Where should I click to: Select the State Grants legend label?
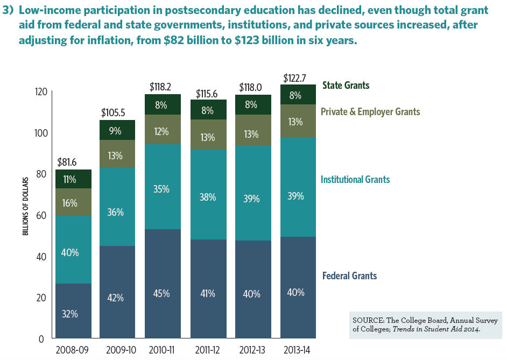346,85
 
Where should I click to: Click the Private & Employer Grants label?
370,112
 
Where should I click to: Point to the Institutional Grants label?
355,179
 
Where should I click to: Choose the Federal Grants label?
349,276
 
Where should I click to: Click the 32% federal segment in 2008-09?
69,314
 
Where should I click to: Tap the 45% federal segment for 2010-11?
161,293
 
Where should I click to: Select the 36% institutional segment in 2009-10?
115,212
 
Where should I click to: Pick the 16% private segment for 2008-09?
69,203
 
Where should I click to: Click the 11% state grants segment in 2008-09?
69,180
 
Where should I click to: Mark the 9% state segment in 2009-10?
115,130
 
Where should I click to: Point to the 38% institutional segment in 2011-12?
208,197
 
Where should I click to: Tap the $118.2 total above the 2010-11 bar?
161,87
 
